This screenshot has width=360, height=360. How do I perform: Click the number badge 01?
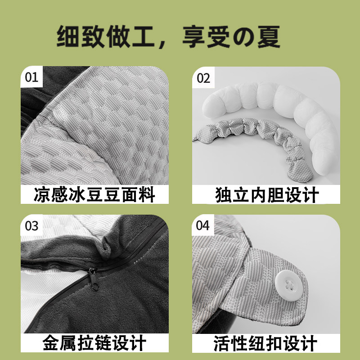click(31, 77)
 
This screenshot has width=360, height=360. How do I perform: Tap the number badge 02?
click(203, 78)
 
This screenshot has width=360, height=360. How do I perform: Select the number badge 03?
click(31, 225)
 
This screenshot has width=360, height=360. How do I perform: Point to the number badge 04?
click(203, 225)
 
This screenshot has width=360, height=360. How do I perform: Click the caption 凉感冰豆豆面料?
click(94, 195)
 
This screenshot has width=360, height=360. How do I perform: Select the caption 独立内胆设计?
click(267, 195)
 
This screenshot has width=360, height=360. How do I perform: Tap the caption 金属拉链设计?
click(94, 343)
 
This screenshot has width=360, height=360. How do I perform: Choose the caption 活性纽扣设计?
click(267, 343)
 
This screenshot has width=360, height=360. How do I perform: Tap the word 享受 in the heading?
click(202, 37)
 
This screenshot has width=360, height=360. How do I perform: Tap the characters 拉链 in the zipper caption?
click(94, 343)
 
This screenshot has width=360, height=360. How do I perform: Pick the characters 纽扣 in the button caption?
click(267, 343)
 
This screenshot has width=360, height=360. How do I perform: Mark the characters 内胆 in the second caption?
click(267, 195)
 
